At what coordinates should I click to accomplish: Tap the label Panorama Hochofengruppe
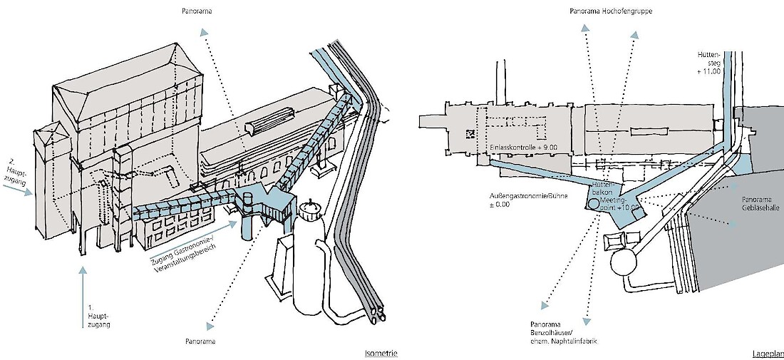coord(611,11)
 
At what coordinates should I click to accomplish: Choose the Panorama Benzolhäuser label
coord(564,331)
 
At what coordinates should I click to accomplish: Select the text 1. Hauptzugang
coord(95,313)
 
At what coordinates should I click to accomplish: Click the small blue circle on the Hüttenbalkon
coord(592,203)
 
